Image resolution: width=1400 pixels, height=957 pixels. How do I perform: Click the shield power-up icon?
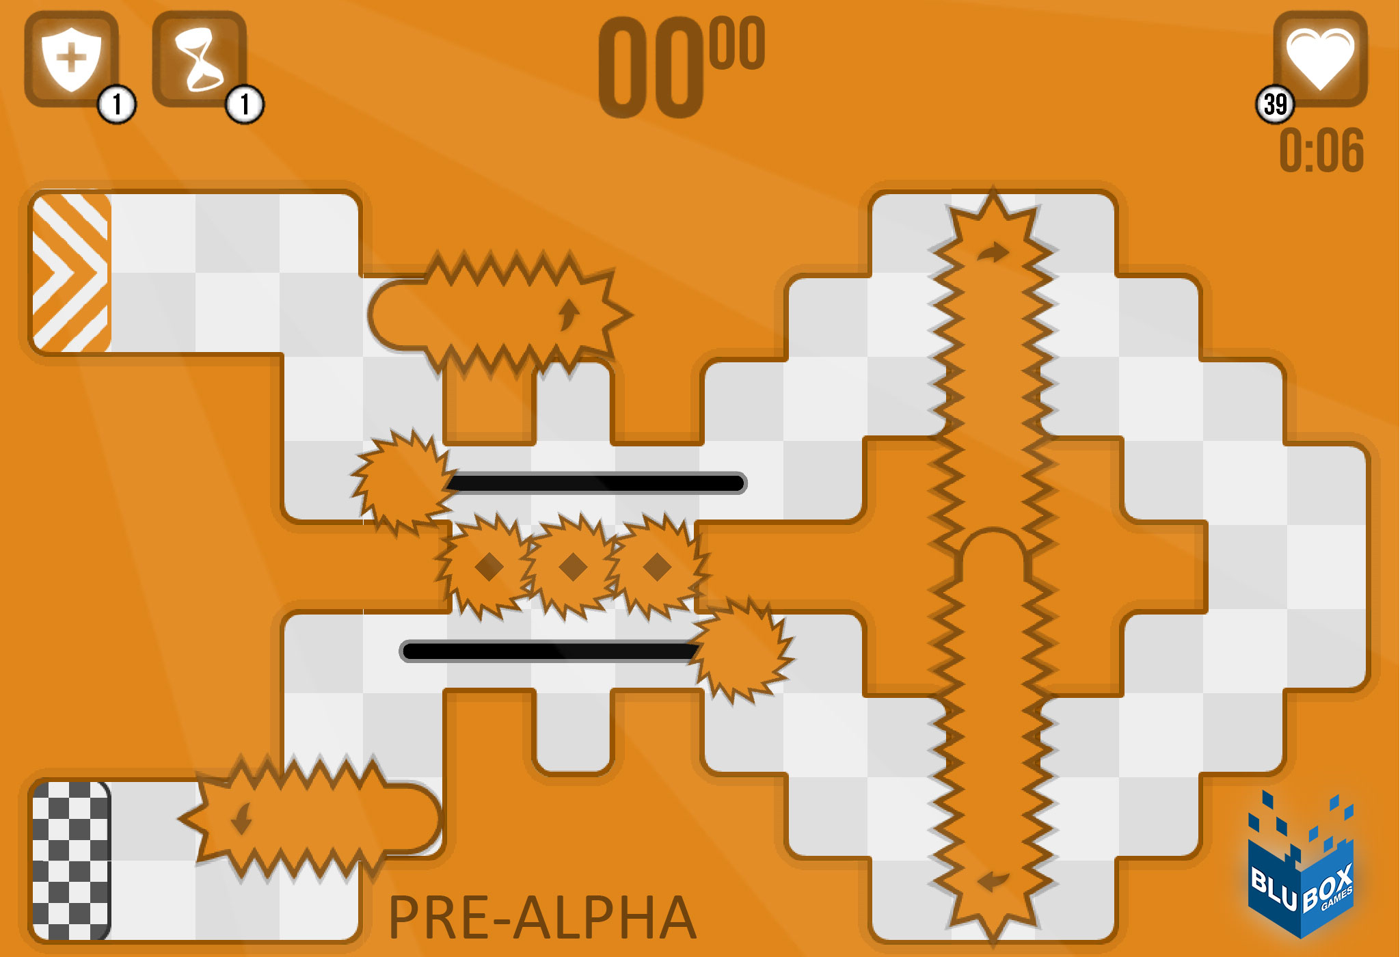click(x=71, y=59)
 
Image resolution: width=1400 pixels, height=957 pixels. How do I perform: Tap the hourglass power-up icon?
click(x=198, y=59)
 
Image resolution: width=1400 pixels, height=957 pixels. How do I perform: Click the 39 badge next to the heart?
click(x=1275, y=105)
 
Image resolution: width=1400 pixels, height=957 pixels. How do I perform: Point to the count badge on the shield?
click(x=117, y=105)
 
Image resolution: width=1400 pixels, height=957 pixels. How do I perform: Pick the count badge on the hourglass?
click(x=244, y=105)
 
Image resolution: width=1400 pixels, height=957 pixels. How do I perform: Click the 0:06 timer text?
click(x=1321, y=150)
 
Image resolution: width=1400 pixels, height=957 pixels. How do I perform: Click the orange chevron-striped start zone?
click(x=71, y=273)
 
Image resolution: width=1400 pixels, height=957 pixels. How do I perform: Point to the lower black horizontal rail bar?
click(x=547, y=651)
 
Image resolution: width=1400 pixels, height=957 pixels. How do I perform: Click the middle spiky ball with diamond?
click(x=573, y=566)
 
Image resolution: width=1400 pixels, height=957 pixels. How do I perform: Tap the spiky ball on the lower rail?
click(x=741, y=650)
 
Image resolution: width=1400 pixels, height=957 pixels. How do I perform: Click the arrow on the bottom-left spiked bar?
click(x=241, y=818)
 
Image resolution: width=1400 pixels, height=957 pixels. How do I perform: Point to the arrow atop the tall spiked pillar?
click(x=993, y=252)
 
